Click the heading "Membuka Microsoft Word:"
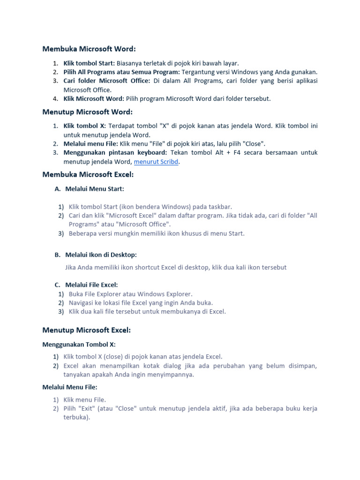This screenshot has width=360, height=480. pyautogui.click(x=89, y=49)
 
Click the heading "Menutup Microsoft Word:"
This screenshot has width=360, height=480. pyautogui.click(x=88, y=112)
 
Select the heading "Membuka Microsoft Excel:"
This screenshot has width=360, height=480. pyautogui.click(x=88, y=174)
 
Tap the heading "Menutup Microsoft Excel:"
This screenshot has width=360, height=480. pyautogui.click(x=87, y=330)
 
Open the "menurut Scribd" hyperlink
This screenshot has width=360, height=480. pyautogui.click(x=157, y=162)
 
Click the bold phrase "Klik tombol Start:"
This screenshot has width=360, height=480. pyautogui.click(x=89, y=63)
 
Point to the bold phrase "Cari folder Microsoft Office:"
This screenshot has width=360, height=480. pyautogui.click(x=107, y=81)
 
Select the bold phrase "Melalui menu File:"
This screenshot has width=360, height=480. pyautogui.click(x=90, y=144)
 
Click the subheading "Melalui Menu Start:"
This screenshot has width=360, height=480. pyautogui.click(x=95, y=189)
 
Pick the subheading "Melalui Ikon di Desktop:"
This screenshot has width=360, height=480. pyautogui.click(x=101, y=255)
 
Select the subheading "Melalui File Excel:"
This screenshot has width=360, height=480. pyautogui.click(x=91, y=285)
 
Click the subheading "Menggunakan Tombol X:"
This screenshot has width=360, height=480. pyautogui.click(x=79, y=345)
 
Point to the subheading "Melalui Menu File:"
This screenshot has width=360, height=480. pyautogui.click(x=70, y=387)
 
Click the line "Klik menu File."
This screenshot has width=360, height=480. pyautogui.click(x=85, y=400)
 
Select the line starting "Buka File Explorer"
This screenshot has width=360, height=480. pyautogui.click(x=130, y=294)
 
